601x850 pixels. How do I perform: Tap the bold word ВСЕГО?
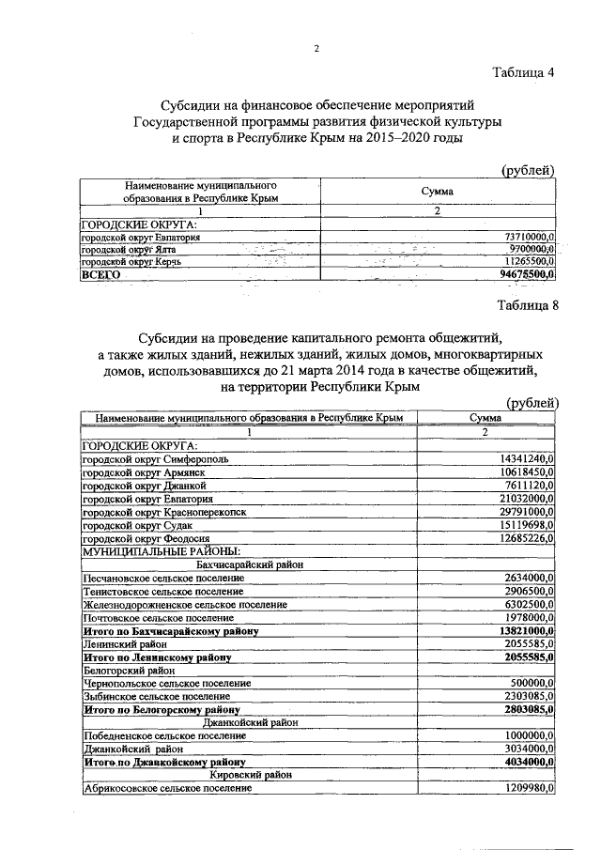[x=102, y=273]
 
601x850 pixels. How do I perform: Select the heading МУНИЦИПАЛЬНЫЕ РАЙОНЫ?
[x=162, y=550]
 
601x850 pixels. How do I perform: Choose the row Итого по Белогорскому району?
[x=161, y=710]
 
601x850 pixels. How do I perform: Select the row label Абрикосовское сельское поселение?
[x=167, y=789]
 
